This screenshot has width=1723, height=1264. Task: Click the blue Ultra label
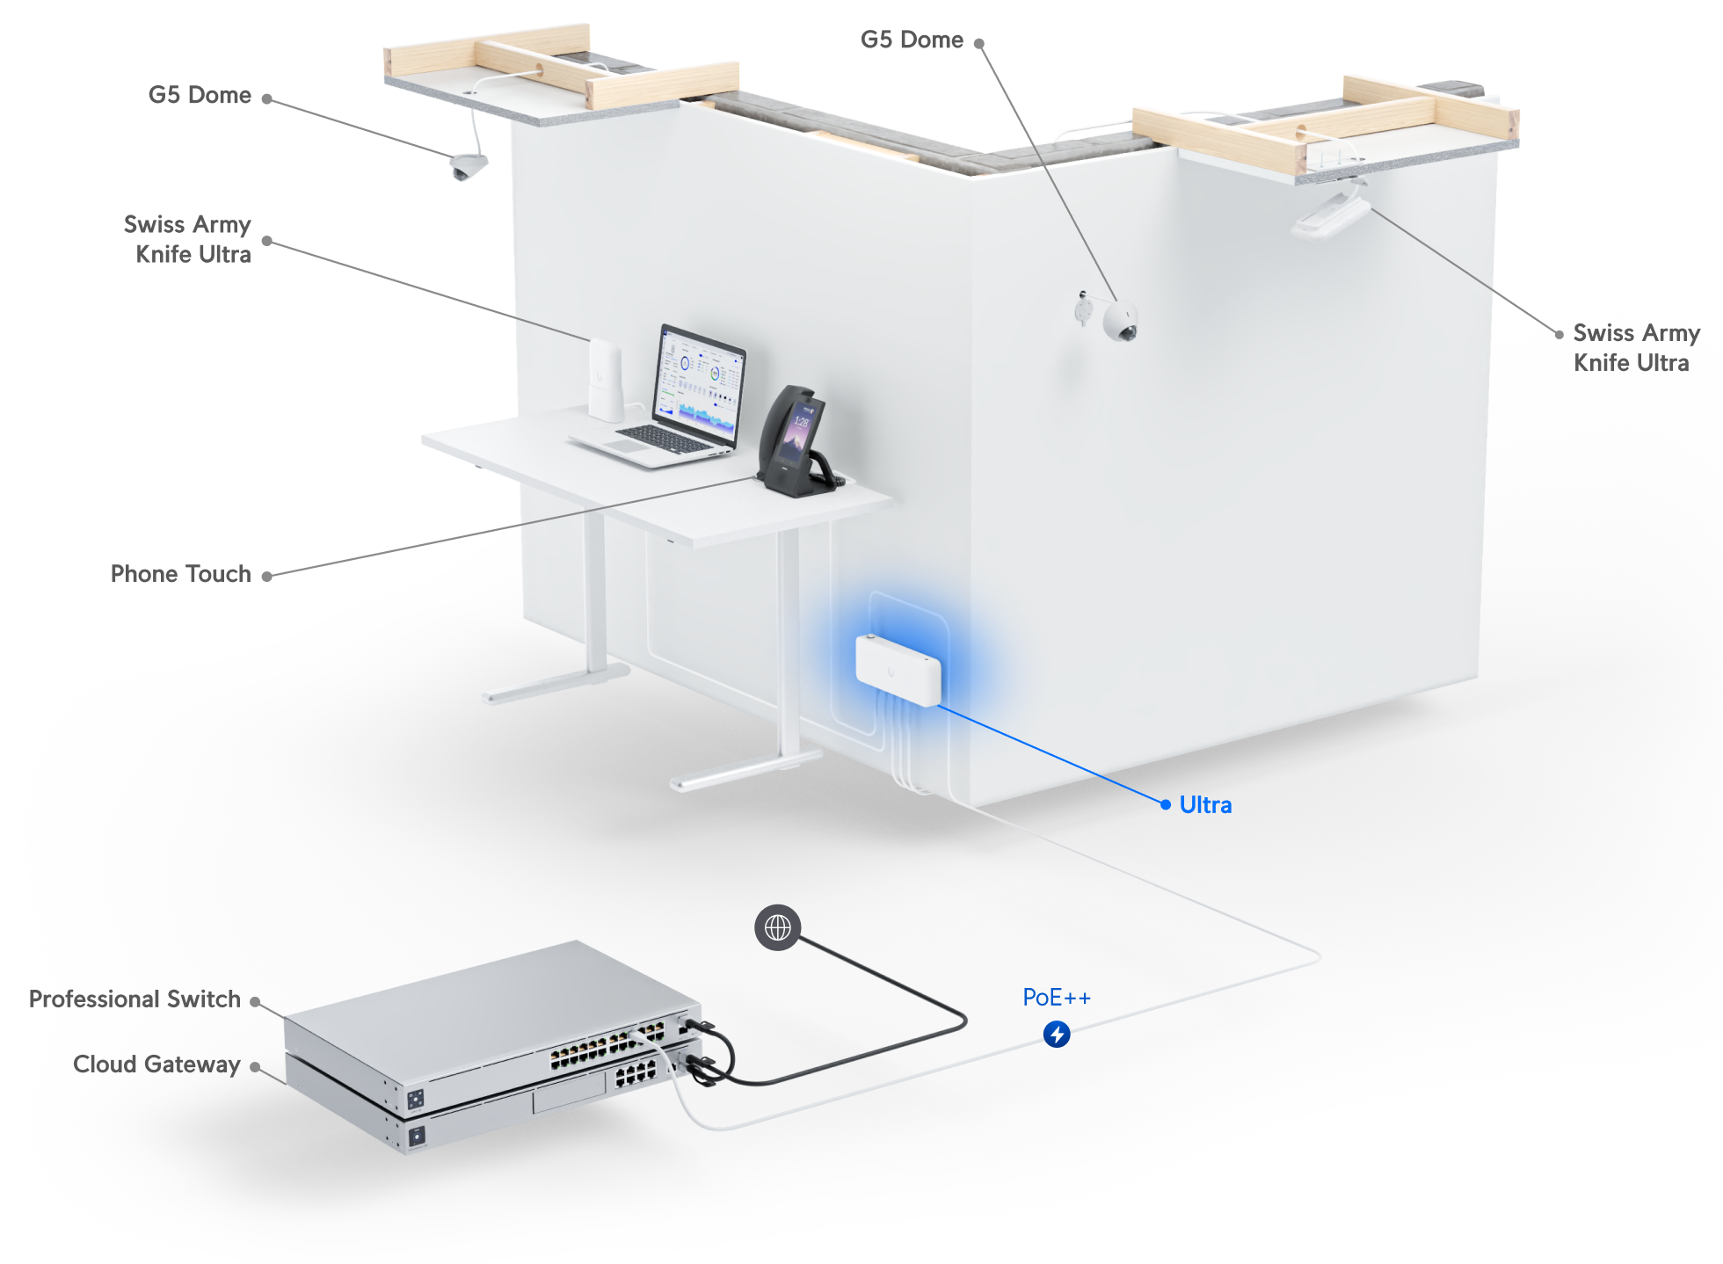pos(1205,805)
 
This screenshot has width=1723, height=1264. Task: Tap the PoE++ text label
pos(1057,998)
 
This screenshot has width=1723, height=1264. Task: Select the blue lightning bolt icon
pos(1057,1035)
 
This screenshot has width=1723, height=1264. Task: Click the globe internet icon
pos(778,927)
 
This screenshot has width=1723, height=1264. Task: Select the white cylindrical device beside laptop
pos(605,379)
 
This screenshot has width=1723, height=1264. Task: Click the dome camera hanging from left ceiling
pos(469,166)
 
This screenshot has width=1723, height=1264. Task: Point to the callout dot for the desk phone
pos(267,577)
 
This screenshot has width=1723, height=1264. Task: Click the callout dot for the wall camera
pos(978,43)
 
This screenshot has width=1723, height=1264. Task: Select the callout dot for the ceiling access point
pos(1559,334)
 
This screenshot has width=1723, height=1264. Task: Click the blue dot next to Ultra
pos(1166,804)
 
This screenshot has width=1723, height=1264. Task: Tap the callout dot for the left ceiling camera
pos(267,99)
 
